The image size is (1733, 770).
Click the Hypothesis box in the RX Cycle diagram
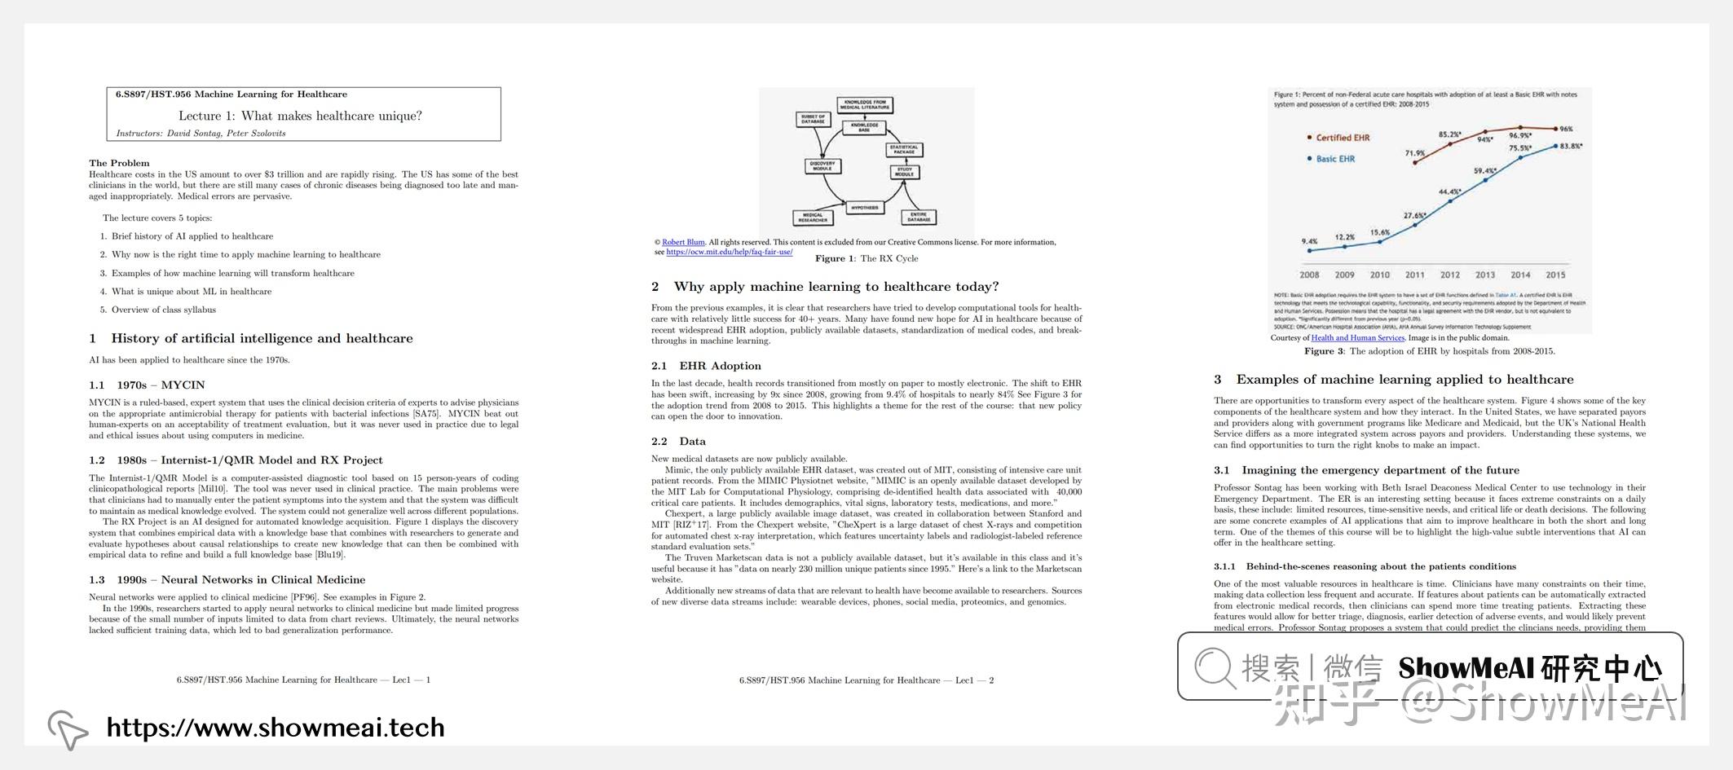point(865,208)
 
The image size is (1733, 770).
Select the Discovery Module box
point(822,165)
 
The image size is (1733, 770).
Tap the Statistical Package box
point(904,150)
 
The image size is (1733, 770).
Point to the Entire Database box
point(919,217)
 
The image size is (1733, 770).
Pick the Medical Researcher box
point(813,218)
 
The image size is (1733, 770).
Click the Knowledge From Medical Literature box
point(865,105)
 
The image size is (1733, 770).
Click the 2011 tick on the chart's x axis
point(1414,275)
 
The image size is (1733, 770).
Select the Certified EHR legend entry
point(1342,138)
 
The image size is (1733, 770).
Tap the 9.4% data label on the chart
point(1309,241)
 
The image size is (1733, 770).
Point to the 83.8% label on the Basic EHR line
point(1571,146)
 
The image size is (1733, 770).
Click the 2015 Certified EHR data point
point(1555,129)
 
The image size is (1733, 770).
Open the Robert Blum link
point(683,242)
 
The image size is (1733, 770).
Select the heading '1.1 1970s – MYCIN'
point(147,385)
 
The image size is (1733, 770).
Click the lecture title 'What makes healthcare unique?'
point(300,116)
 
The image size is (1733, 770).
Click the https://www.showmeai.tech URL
point(276,727)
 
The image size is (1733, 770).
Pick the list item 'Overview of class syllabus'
point(164,310)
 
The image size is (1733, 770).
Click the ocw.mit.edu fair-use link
point(729,252)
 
